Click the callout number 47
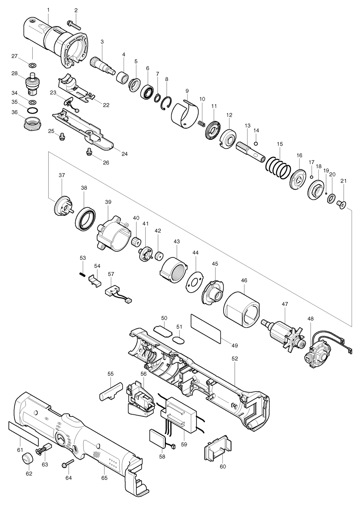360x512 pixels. point(284,304)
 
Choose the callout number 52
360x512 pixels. point(235,359)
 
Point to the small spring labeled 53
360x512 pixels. point(82,273)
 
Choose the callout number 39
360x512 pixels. point(108,203)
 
